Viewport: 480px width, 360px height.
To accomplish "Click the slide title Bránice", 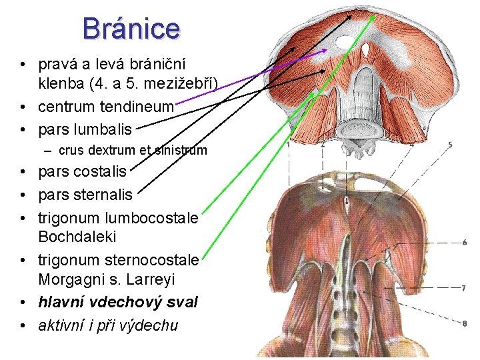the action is click(131, 28).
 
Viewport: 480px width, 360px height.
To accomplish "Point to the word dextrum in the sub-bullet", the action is click(116, 151).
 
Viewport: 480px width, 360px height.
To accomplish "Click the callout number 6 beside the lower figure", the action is click(463, 242).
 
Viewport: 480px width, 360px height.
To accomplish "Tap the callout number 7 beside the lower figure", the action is click(463, 288).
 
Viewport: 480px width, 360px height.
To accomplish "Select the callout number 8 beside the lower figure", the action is click(463, 324).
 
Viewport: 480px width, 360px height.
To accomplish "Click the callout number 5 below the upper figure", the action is click(450, 145).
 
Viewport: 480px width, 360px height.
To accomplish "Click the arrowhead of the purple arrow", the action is click(325, 49).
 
